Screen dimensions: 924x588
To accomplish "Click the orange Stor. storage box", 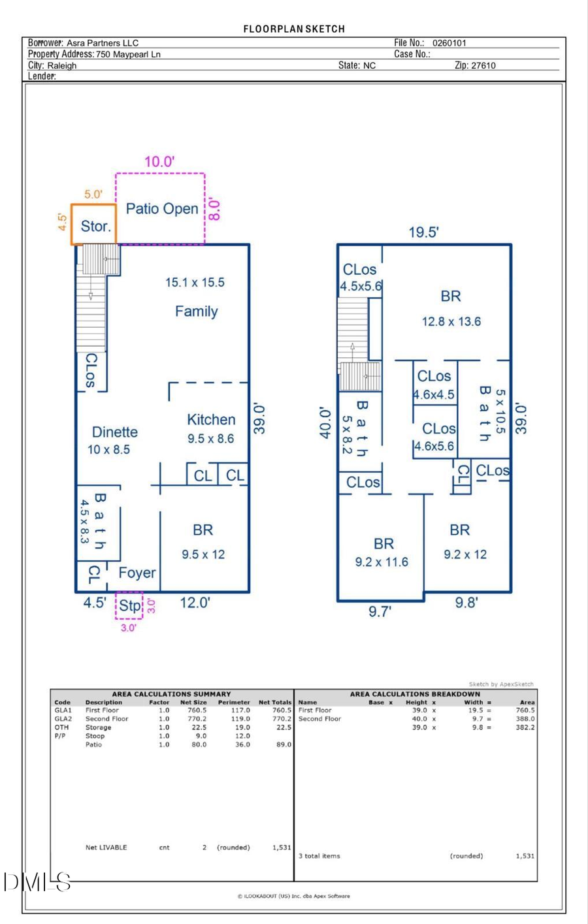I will click(94, 225).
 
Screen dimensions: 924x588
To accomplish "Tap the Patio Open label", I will click(161, 209).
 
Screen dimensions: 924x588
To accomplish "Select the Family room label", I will click(196, 311).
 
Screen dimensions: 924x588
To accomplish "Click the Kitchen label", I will click(211, 420).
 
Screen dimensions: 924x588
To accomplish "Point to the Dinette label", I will click(114, 432).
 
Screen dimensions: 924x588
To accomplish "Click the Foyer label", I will click(137, 573).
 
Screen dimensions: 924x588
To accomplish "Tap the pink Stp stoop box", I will click(129, 605).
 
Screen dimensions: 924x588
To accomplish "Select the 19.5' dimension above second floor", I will click(423, 232).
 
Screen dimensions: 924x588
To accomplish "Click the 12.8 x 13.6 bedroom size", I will click(451, 321).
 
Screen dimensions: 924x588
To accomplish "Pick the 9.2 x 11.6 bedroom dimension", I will click(382, 562).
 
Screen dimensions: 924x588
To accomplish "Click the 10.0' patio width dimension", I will click(159, 162).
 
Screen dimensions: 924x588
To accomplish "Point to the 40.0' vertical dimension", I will click(325, 423).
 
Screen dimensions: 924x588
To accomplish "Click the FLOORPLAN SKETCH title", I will click(294, 29).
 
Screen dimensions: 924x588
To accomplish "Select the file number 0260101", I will click(449, 43).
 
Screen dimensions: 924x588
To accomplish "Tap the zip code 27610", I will click(483, 65).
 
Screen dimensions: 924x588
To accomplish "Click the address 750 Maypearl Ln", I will click(128, 54).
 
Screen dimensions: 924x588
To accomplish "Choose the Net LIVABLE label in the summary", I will click(106, 848).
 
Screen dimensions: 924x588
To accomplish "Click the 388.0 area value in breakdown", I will click(525, 719).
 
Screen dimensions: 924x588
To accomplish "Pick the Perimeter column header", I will click(234, 703).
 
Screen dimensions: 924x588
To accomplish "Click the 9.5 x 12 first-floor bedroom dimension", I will click(203, 554).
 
